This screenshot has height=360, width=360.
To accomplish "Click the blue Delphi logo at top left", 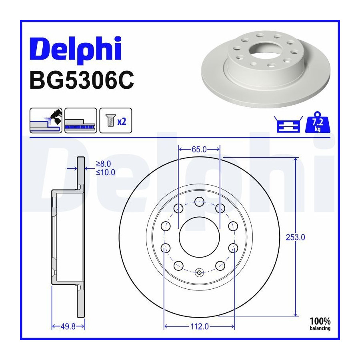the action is [x=76, y=49].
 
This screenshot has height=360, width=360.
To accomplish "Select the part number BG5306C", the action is [x=82, y=80].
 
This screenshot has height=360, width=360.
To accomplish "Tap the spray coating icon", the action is [x=46, y=120].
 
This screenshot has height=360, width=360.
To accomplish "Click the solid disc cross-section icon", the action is [x=80, y=120].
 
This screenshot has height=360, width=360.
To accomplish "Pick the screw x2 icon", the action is [x=116, y=120].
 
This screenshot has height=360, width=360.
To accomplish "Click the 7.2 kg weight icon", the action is [x=318, y=122].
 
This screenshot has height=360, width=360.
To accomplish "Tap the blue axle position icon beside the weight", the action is [x=288, y=124].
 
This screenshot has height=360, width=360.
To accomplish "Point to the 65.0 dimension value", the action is [x=199, y=150].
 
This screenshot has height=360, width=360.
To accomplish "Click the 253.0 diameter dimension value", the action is [x=295, y=237].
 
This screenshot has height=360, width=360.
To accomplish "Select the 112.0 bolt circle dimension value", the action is [x=200, y=326].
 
